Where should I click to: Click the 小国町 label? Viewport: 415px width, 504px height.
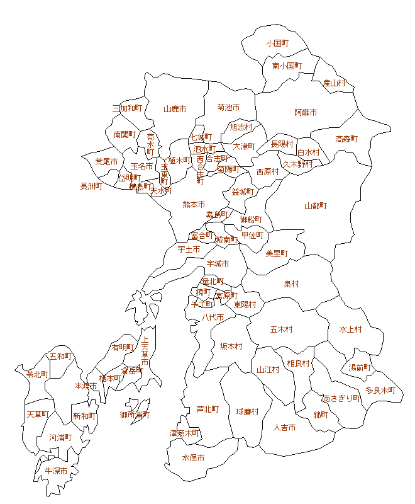tap(277, 43)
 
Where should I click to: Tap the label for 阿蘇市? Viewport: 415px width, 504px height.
tap(306, 112)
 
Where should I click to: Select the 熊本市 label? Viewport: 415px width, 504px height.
tap(194, 204)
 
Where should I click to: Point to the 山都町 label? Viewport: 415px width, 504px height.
tap(316, 206)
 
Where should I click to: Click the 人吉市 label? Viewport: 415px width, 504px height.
tap(284, 427)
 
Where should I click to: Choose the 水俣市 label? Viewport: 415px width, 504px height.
tap(193, 458)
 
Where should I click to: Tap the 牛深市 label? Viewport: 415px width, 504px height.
tap(56, 471)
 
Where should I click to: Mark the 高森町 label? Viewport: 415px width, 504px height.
tap(346, 139)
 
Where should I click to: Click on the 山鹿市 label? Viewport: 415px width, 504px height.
tap(175, 108)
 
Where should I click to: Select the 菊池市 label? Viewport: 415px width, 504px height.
tap(228, 108)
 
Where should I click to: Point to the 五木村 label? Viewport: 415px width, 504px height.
tap(281, 329)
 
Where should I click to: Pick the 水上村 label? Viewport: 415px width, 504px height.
tap(350, 329)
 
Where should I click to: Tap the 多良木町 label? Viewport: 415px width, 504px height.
tap(380, 390)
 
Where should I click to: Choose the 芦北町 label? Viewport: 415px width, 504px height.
tap(207, 409)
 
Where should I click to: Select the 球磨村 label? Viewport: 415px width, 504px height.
tap(248, 411)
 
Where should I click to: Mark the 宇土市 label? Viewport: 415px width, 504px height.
tap(189, 249)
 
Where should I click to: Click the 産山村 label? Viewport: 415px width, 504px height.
tap(335, 83)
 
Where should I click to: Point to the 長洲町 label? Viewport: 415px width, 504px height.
tap(91, 186)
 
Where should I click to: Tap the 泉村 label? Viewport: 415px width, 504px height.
tap(291, 284)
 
